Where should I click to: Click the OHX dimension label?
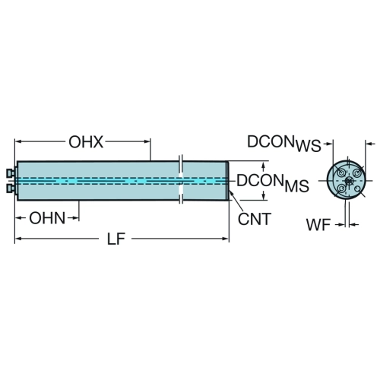tap(86, 142)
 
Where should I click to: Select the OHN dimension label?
tap(47, 218)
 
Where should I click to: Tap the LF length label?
tap(116, 239)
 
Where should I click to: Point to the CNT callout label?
tap(255, 219)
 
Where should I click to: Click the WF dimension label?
tap(318, 225)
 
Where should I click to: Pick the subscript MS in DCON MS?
tap(296, 186)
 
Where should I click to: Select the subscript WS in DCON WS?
tap(309, 146)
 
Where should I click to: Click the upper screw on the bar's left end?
tap(11, 173)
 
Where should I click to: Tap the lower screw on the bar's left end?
tap(11, 188)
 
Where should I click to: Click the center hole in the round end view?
tap(348, 181)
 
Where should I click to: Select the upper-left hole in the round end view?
tap(341, 173)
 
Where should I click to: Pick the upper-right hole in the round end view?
tap(357, 173)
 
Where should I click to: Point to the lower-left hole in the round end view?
tap(341, 188)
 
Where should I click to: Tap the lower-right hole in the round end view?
tap(358, 188)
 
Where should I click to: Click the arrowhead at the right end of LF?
tap(225, 239)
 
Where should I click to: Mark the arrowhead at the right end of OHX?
tap(147, 141)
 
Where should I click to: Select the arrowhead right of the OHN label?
tap(75, 218)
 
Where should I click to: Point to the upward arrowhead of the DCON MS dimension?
tap(264, 166)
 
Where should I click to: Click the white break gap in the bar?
tap(181, 181)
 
